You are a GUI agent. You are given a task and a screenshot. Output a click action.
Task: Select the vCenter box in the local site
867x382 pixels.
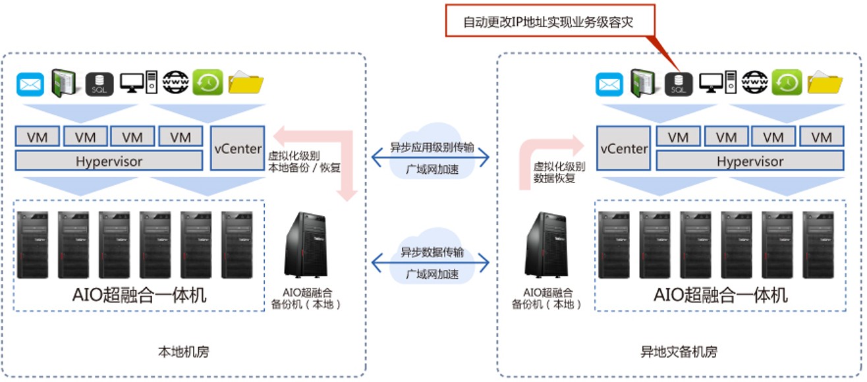(x=237, y=148)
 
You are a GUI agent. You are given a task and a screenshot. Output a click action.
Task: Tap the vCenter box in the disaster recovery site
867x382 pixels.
(x=623, y=148)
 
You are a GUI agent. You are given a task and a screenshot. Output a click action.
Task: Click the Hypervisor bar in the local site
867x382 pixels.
(x=109, y=161)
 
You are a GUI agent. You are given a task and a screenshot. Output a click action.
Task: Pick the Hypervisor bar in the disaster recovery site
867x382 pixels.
(x=750, y=161)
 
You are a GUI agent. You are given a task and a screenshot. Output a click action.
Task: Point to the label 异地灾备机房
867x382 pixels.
(x=679, y=351)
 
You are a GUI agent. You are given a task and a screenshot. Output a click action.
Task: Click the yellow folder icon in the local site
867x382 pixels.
(x=246, y=84)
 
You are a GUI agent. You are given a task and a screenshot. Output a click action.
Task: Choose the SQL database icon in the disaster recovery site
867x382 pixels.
(x=678, y=84)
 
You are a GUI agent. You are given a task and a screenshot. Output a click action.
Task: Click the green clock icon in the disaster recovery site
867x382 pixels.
(x=787, y=82)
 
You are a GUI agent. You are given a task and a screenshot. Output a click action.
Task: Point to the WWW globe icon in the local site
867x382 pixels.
(x=176, y=83)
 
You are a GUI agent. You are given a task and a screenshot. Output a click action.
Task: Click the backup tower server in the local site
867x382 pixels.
(x=305, y=244)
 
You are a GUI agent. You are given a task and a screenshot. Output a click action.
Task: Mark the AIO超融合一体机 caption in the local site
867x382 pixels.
(x=140, y=295)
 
